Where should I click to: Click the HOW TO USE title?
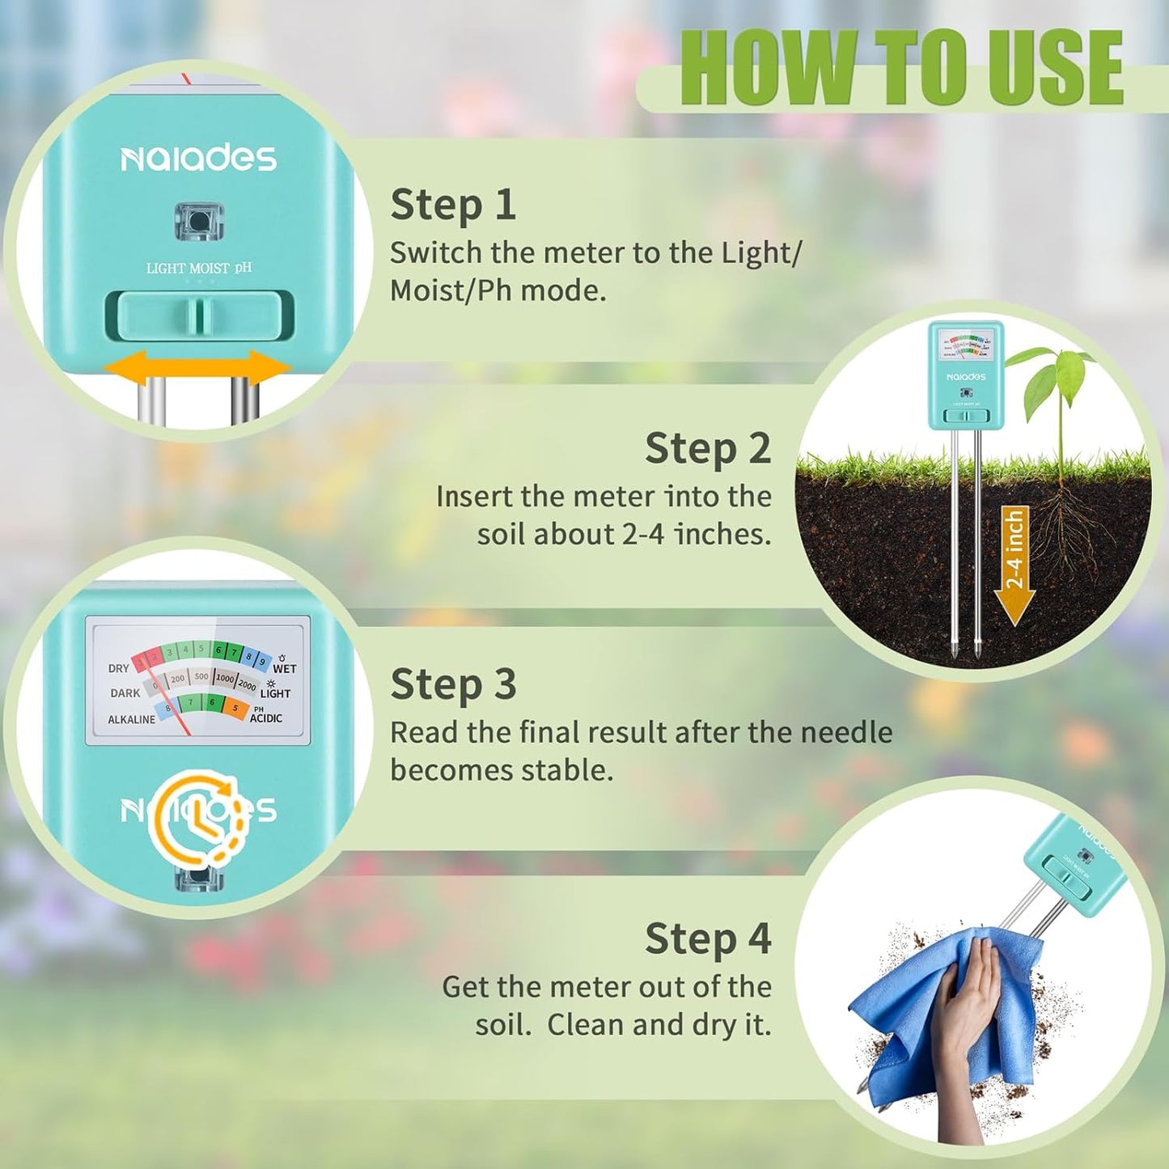[x=901, y=68]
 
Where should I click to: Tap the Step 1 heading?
[x=453, y=205]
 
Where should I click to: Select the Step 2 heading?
[x=707, y=449]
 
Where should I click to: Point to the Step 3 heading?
[x=453, y=684]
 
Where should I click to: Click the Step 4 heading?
[x=707, y=939]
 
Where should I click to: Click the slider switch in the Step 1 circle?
[x=199, y=316]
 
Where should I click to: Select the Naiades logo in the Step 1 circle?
[x=199, y=159]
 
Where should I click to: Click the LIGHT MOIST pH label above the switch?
[x=199, y=268]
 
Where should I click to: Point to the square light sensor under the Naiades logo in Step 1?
[x=199, y=221]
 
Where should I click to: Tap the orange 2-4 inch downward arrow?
[x=1014, y=566]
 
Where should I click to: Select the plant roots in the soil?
[x=1068, y=534]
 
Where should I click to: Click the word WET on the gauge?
[x=284, y=669]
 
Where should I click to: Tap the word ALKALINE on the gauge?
[x=131, y=719]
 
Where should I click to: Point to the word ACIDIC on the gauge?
[x=266, y=718]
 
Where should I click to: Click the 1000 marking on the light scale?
[x=225, y=679]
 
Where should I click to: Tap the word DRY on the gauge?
[x=118, y=668]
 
